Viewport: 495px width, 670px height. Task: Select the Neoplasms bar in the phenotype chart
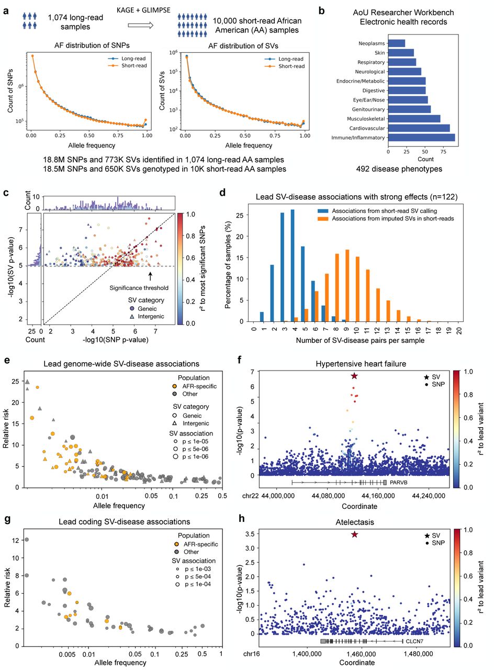tap(396, 43)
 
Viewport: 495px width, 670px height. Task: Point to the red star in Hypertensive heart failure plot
tap(354, 376)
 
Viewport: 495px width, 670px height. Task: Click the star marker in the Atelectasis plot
tap(355, 534)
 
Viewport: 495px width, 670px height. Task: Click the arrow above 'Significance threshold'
tap(151, 276)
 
